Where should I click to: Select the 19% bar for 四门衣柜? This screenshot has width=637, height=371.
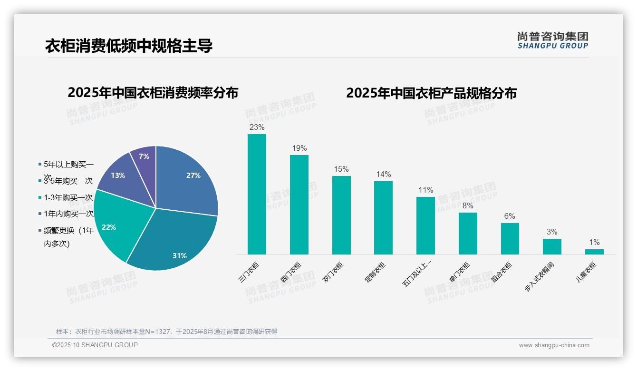pyautogui.click(x=299, y=205)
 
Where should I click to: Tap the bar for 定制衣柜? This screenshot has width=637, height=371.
pyautogui.click(x=383, y=218)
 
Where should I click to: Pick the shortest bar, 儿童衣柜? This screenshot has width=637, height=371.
pyautogui.click(x=594, y=252)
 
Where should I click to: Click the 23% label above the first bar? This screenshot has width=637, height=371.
pyautogui.click(x=257, y=127)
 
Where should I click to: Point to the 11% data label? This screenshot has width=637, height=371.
pyautogui.click(x=425, y=190)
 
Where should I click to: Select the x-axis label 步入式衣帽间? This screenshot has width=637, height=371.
pyautogui.click(x=539, y=277)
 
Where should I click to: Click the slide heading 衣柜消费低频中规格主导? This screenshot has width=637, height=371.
pyautogui.click(x=128, y=46)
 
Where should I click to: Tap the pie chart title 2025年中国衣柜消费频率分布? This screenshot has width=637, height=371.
pyautogui.click(x=153, y=93)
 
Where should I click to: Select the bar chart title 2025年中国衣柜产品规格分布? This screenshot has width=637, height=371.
pyautogui.click(x=431, y=93)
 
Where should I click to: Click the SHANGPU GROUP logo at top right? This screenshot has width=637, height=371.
pyautogui.click(x=552, y=40)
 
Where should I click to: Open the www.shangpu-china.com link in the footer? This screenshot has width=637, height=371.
pyautogui.click(x=554, y=345)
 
